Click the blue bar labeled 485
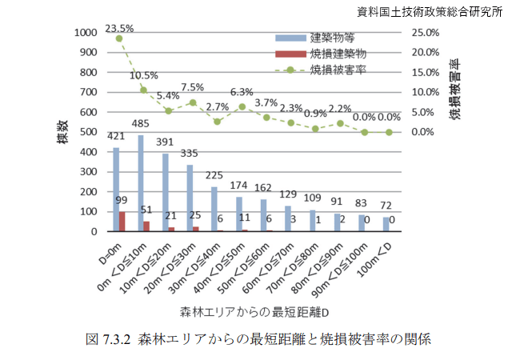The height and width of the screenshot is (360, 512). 141,183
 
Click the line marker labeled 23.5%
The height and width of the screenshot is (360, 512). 119,38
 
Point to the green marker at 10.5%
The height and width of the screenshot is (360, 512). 144,90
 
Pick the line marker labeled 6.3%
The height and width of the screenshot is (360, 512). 242,106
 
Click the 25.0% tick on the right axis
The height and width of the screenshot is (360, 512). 425,33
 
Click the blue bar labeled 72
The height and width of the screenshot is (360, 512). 386,224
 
